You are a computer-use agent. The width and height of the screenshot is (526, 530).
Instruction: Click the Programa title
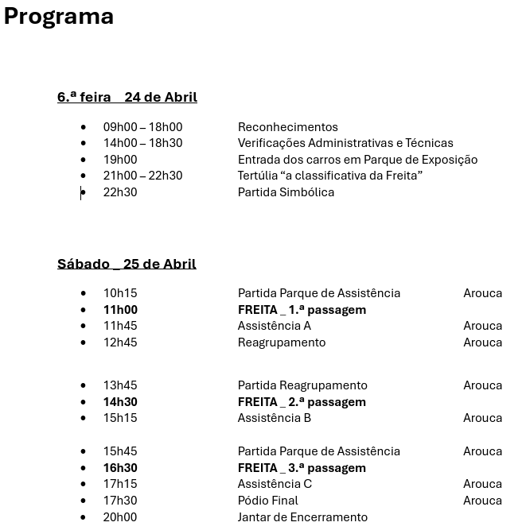pos(59,16)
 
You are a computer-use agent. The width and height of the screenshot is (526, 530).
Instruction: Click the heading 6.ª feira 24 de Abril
pos(127,97)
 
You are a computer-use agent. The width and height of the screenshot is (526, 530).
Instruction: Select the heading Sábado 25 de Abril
pos(127,264)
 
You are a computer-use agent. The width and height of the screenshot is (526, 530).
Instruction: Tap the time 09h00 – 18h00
pos(142,127)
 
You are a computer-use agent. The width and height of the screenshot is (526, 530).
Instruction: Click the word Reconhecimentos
pos(287,127)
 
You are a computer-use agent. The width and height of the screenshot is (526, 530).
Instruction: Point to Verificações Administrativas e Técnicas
pos(345,143)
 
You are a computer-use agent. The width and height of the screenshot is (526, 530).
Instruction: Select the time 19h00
pos(120,160)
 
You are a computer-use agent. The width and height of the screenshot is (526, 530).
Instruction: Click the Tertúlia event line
pos(329,176)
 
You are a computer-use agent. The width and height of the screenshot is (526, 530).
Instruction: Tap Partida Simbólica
pos(286,192)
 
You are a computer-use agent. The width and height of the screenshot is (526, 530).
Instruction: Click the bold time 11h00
pos(120,310)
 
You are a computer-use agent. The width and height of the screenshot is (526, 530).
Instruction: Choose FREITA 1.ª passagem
pos(302,310)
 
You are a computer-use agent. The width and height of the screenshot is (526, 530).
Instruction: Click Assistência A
pos(274,326)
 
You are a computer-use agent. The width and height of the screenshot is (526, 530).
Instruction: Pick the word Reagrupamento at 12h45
pos(282,342)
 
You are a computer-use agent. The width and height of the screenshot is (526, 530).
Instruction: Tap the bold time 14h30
pos(120,402)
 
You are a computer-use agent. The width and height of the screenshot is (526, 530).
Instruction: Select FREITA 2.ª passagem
pos(302,402)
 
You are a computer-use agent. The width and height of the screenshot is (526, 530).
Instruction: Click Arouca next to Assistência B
pos(482,418)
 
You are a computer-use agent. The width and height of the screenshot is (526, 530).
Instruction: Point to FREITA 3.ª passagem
pos(302,468)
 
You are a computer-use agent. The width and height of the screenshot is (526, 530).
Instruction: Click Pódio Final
pos(267,501)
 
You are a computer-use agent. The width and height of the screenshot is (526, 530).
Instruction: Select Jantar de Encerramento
pos(302,517)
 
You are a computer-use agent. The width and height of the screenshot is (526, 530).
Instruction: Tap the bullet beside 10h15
pos(84,293)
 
